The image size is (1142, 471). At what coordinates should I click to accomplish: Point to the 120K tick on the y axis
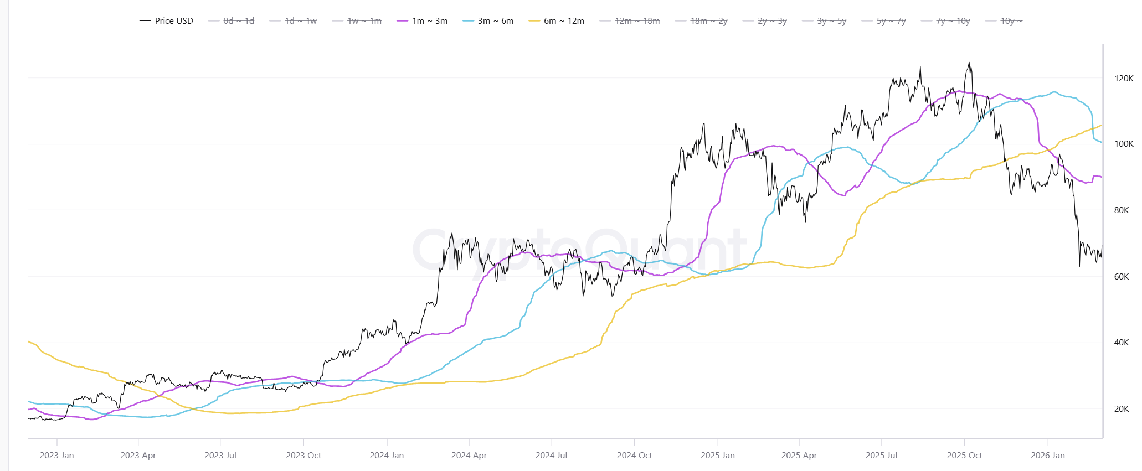[1124, 79]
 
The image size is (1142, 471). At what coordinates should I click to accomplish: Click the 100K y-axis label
[1124, 144]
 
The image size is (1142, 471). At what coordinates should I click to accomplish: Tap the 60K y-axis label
[1122, 277]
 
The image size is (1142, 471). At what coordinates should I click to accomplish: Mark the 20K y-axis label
[1122, 409]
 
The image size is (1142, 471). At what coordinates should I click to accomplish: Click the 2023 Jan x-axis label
[56, 456]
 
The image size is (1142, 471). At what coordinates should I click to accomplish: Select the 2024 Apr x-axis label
[469, 456]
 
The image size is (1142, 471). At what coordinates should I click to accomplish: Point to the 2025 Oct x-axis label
[964, 456]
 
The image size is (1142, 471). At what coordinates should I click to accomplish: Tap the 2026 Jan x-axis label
[1047, 456]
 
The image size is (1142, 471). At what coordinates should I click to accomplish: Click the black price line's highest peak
[969, 63]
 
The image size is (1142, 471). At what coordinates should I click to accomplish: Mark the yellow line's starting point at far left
[28, 341]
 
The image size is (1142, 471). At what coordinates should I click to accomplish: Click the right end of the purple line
[1101, 177]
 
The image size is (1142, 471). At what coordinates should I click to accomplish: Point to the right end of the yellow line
[1101, 126]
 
